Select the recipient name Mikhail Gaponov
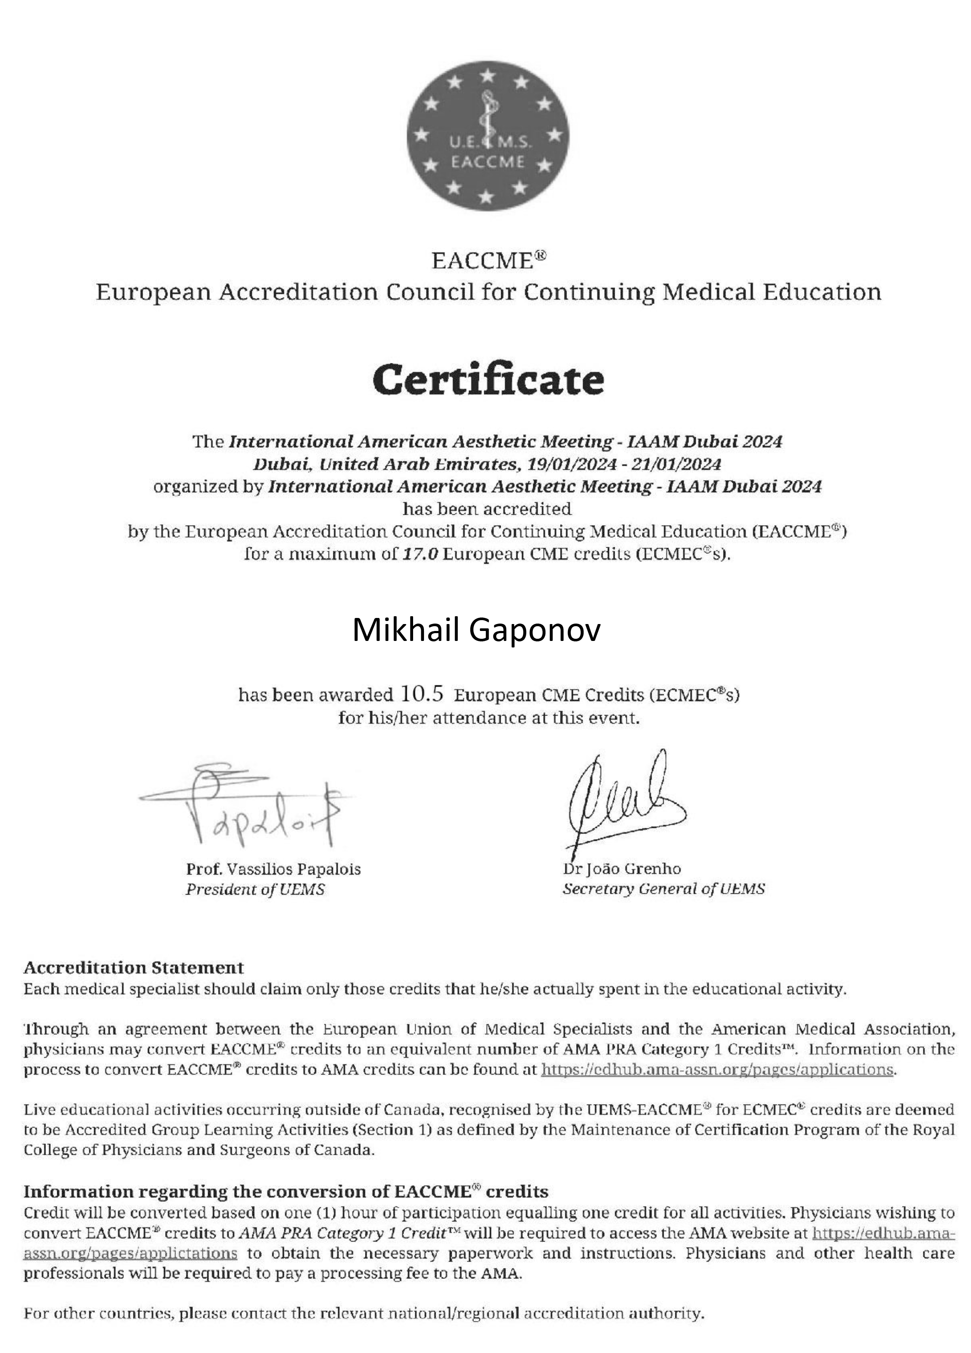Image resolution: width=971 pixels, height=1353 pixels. pos(476,630)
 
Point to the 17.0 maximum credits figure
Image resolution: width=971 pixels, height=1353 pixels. pos(420,554)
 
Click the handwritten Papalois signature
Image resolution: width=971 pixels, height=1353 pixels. pos(251,805)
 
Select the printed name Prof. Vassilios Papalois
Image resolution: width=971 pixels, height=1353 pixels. pos(273,869)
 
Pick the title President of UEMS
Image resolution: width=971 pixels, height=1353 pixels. pos(255,889)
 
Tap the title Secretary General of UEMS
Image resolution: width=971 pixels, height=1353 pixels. pos(663,889)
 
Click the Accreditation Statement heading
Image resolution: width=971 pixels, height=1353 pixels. pos(134,967)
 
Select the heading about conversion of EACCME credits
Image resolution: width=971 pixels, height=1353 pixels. pos(286,1191)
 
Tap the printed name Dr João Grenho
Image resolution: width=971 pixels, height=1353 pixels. pos(622,869)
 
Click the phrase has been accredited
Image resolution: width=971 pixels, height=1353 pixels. pos(487,509)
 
